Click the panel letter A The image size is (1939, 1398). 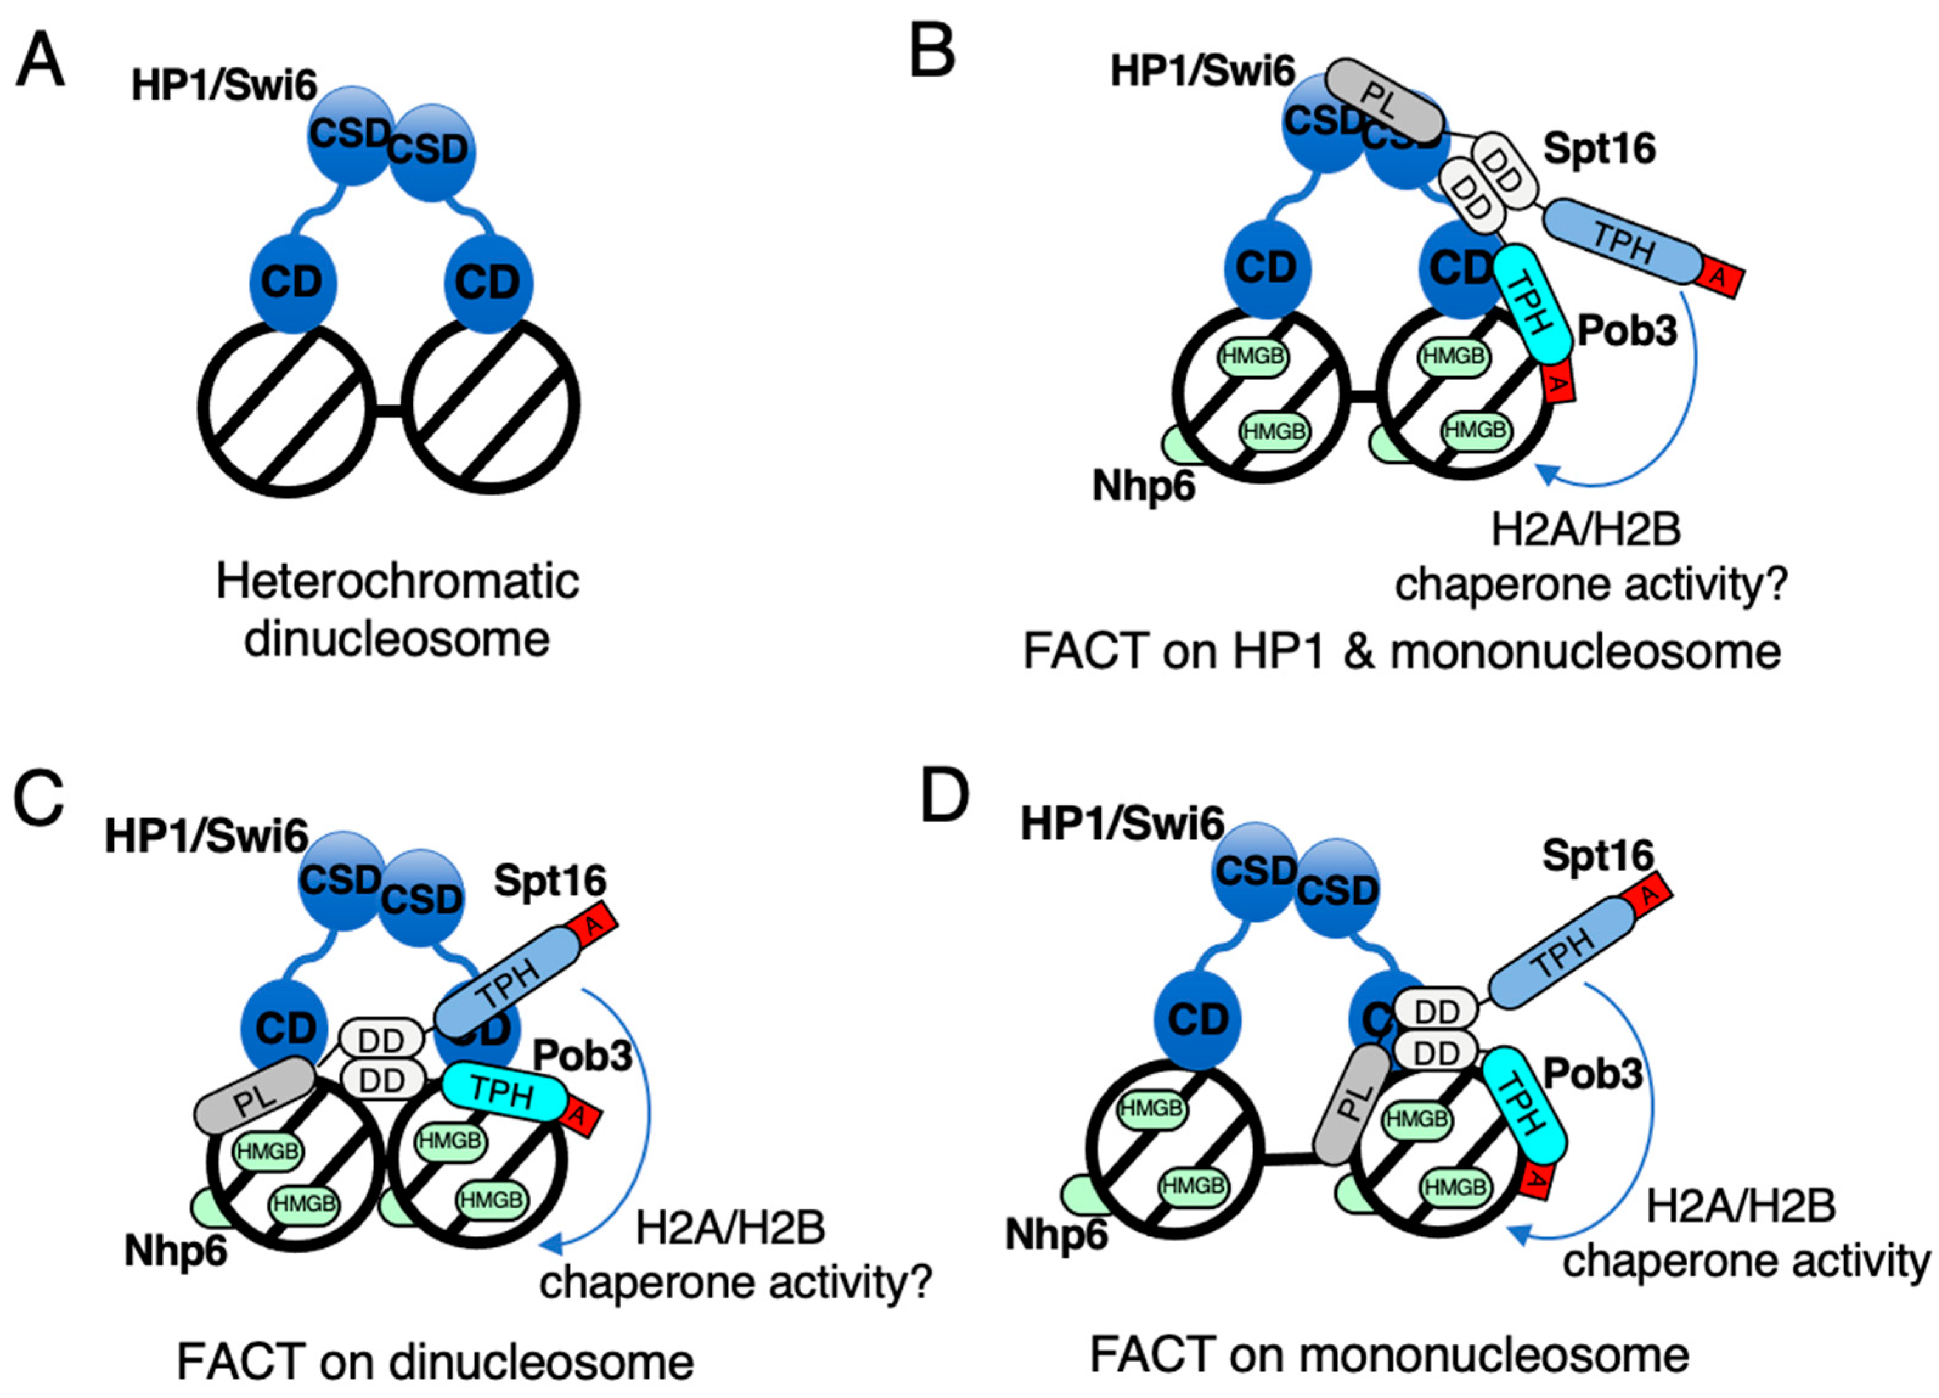pos(40,60)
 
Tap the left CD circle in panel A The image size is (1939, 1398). pos(292,282)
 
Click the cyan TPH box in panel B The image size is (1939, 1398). pos(1532,303)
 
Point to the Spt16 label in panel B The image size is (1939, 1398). pos(1599,149)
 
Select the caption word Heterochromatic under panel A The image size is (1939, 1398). pos(398,581)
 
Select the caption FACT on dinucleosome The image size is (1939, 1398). pos(435,1362)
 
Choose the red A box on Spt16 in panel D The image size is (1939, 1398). pos(1647,895)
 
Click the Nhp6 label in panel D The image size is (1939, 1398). pos(1056,1234)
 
